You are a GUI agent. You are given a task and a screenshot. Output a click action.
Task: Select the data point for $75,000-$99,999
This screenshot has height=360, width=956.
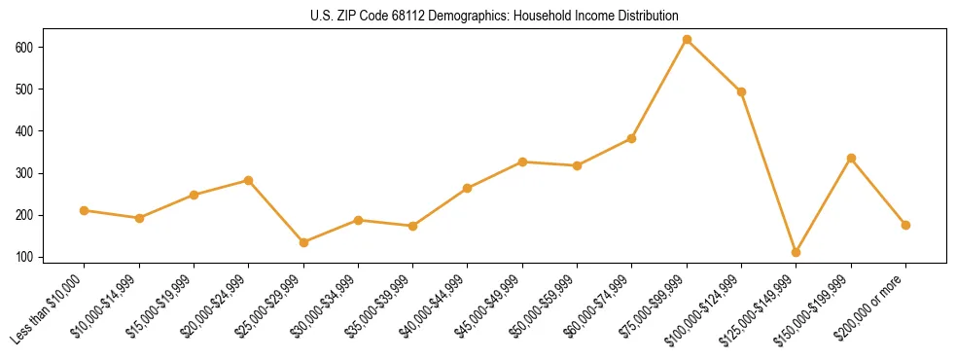coord(687,40)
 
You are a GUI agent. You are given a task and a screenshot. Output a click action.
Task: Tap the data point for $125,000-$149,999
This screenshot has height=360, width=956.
coord(797,252)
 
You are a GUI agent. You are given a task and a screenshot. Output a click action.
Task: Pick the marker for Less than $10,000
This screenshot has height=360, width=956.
coord(85,210)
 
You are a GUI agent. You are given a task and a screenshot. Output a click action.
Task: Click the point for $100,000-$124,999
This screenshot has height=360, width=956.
coord(742,91)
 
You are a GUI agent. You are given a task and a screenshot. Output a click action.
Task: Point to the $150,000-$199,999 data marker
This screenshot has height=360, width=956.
coord(851,158)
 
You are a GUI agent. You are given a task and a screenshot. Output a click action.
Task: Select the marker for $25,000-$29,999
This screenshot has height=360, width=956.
coord(303,242)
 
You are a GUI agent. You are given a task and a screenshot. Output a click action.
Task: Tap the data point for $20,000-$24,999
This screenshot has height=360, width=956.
coord(249,180)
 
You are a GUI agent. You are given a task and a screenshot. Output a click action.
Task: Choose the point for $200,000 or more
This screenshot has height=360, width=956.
coord(905,225)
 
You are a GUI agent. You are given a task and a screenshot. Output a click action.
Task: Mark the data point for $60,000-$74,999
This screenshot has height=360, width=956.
coord(632,138)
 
